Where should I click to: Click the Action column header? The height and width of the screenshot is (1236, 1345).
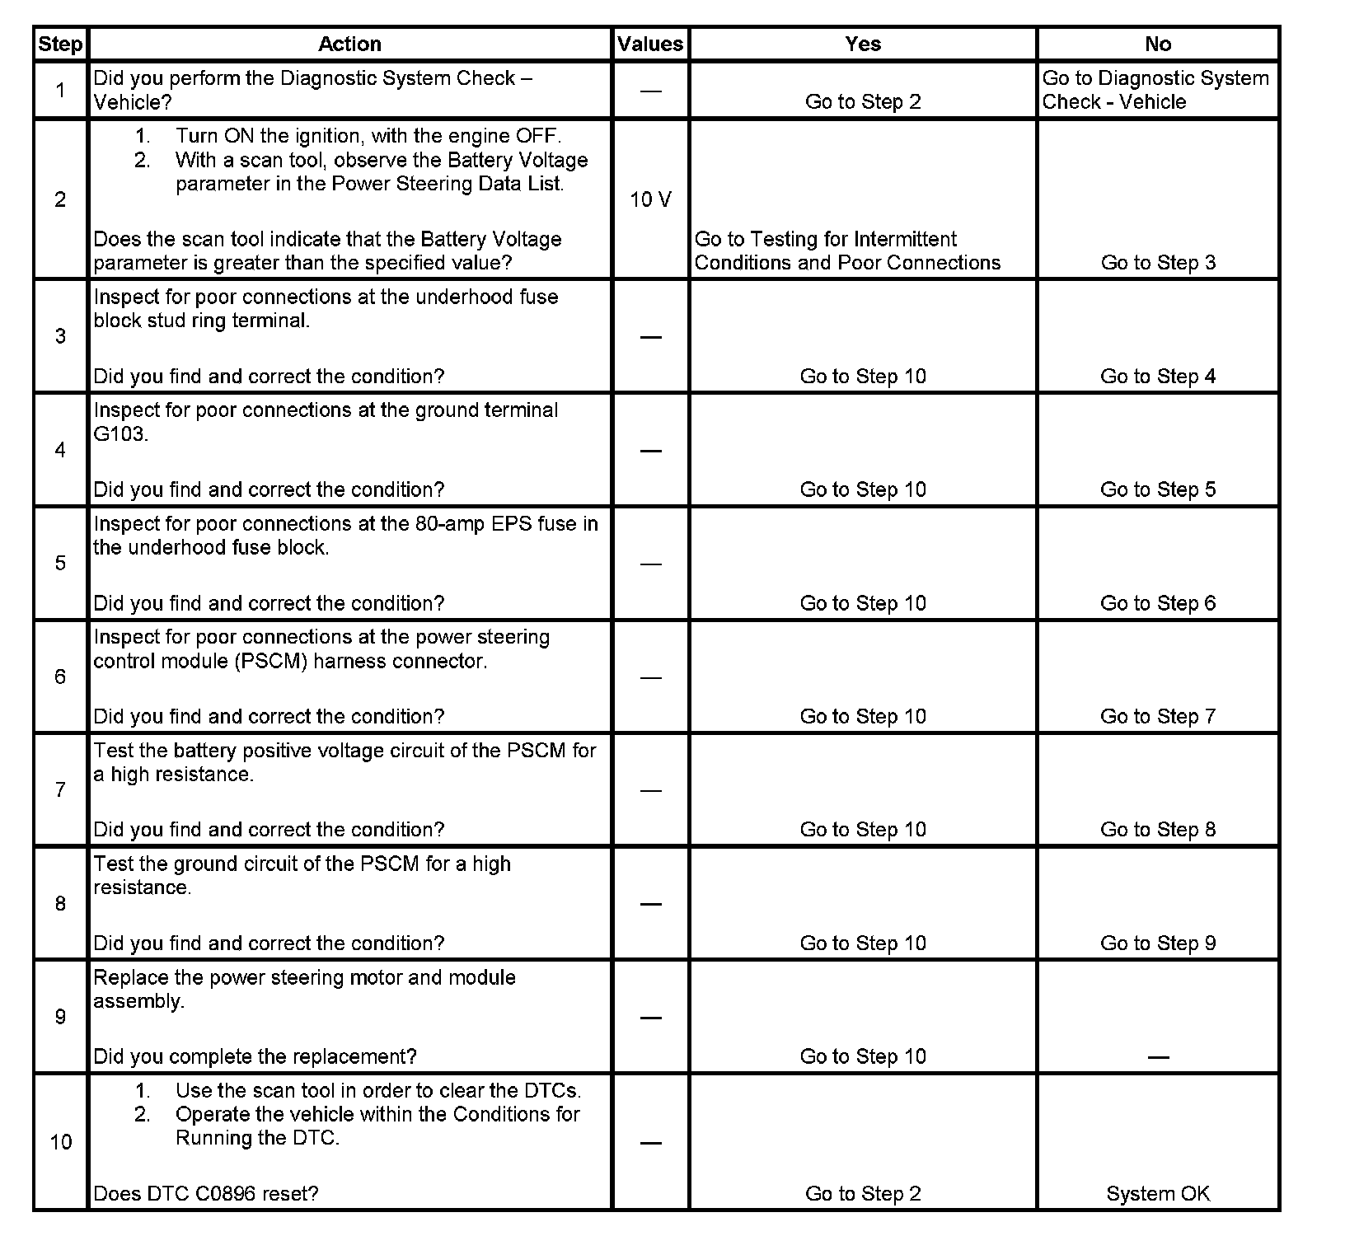pos(349,44)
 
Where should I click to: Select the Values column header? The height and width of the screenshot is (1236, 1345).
pos(650,44)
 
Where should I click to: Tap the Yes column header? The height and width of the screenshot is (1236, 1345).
pos(863,44)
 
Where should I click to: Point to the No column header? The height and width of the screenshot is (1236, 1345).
pos(1158,44)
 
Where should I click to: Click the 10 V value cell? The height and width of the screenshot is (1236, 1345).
pos(650,199)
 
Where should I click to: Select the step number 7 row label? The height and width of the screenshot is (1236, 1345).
pos(60,790)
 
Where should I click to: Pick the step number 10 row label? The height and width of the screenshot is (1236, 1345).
pos(61,1142)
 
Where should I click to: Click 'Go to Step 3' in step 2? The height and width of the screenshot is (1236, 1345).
pos(1158,263)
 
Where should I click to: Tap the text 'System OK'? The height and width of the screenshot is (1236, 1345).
pos(1158,1194)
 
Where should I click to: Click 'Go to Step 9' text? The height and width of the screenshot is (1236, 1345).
pos(1158,943)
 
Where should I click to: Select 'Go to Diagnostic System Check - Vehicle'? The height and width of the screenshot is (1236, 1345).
pos(1155,90)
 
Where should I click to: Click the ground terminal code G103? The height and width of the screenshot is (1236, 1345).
pos(120,434)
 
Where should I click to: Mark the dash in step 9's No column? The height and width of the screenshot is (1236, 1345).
pos(1158,1057)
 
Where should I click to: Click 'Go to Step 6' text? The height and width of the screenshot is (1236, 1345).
pos(1158,603)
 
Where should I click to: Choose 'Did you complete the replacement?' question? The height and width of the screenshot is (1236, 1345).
pos(255,1057)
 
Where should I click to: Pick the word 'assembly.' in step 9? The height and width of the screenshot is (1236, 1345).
pos(138,1002)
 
